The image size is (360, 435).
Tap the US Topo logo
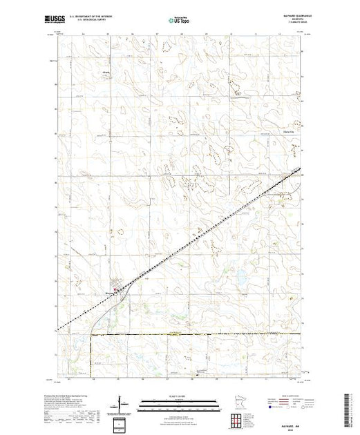click(180, 21)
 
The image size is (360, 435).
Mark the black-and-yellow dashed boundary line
click(207, 333)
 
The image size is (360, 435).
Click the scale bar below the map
click(180, 401)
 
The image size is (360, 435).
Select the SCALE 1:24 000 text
click(180, 396)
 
